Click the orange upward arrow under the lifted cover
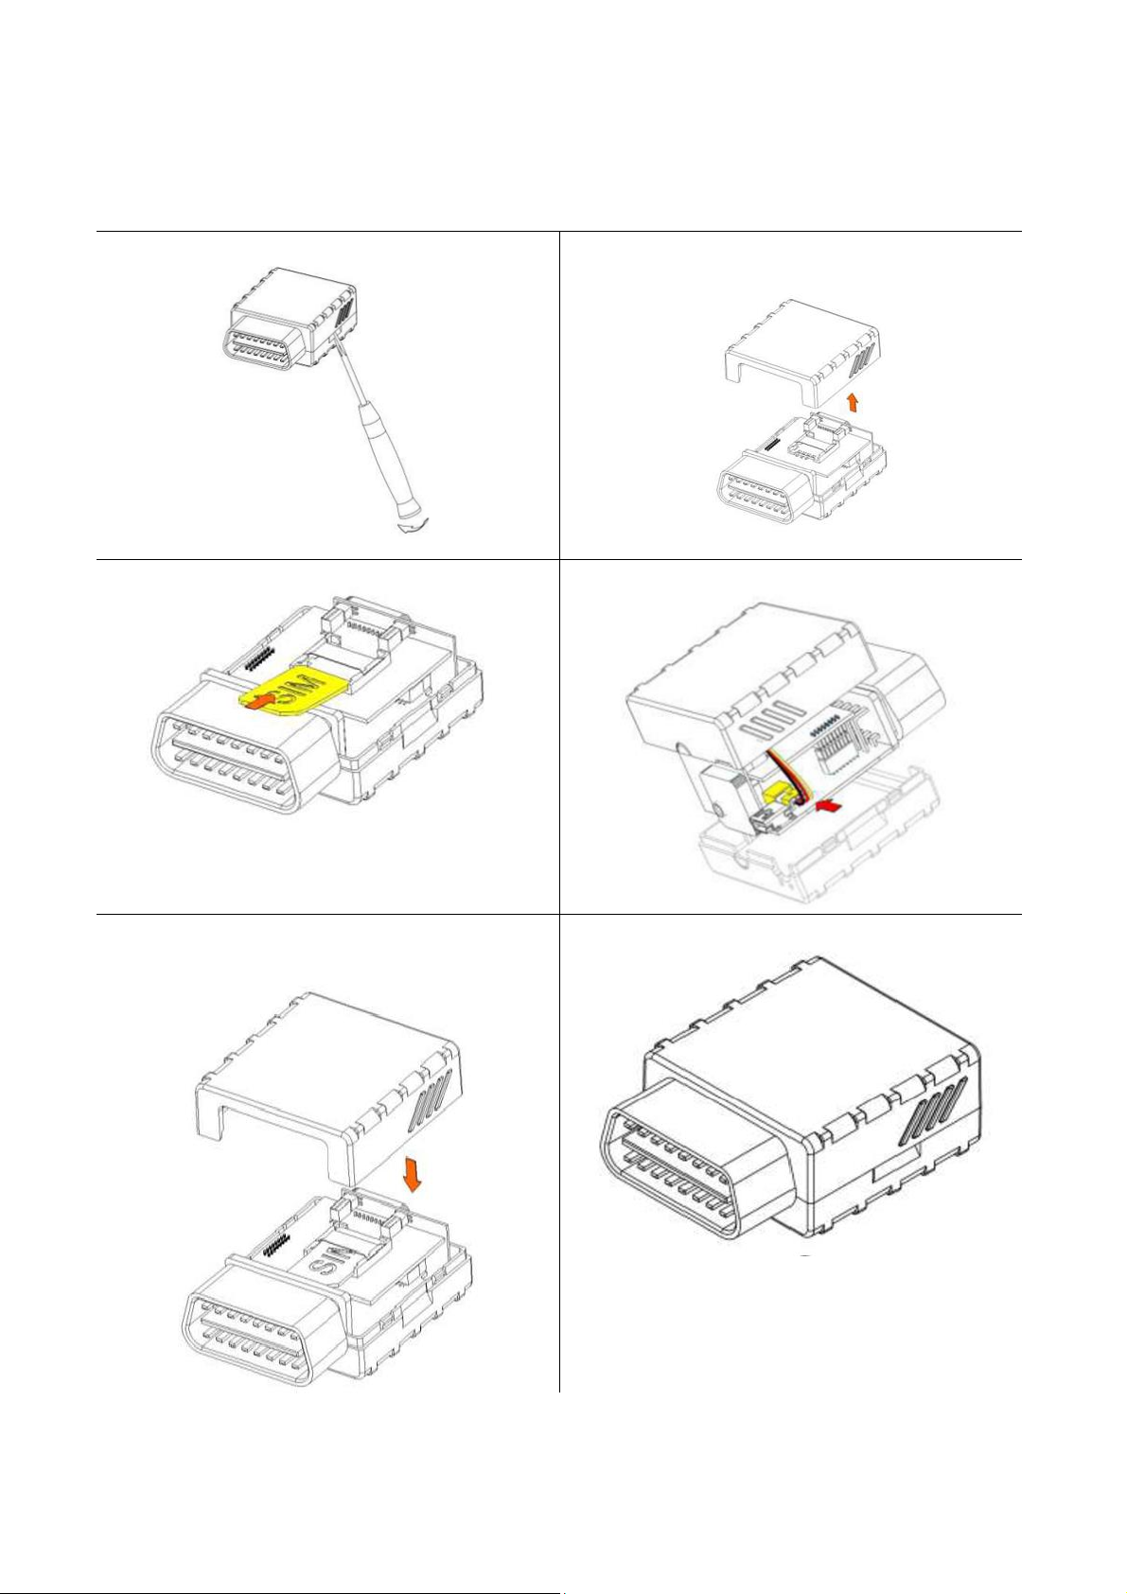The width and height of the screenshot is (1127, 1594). (x=854, y=404)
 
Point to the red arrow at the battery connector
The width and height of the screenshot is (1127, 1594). (x=830, y=806)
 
